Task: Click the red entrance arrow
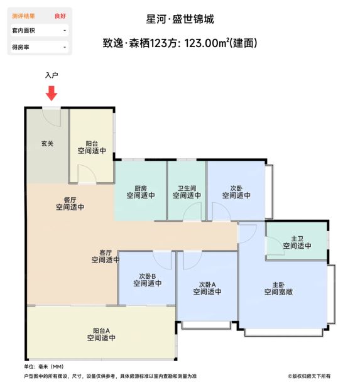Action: coord(52,93)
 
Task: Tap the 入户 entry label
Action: coord(52,75)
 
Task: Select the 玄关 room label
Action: coord(47,143)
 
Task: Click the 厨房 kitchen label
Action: coord(141,188)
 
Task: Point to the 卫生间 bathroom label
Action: coord(187,188)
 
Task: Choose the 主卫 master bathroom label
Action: coord(297,239)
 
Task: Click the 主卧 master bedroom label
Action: coord(278,285)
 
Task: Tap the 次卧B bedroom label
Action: coord(148,276)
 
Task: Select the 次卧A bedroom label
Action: coord(207,285)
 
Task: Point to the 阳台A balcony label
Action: coord(101,330)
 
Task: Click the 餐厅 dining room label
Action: coord(70,200)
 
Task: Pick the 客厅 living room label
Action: coord(106,252)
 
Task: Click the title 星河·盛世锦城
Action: coord(180,19)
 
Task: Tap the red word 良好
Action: coord(60,16)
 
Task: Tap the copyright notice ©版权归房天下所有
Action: coord(309,376)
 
